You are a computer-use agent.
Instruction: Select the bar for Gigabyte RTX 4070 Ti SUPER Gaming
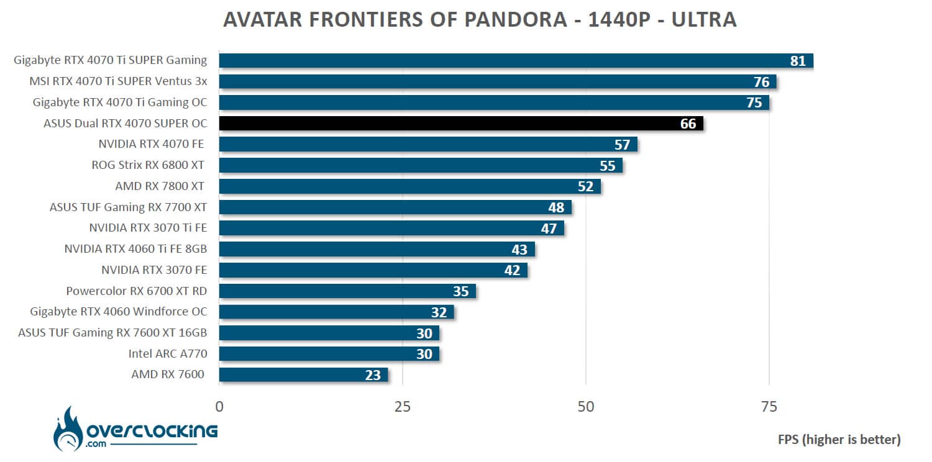[x=516, y=61]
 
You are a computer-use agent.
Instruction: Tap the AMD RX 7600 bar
[x=303, y=374]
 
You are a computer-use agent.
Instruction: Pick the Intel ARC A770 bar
[x=329, y=354]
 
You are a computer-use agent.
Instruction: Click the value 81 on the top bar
[x=798, y=61]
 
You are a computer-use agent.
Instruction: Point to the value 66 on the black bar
[x=688, y=124]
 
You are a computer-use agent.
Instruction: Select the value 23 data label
[x=373, y=375]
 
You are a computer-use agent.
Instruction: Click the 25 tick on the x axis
[x=403, y=407]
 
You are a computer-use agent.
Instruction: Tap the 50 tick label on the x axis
[x=586, y=407]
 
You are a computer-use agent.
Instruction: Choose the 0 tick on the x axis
[x=219, y=407]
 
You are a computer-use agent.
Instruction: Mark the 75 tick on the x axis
[x=769, y=407]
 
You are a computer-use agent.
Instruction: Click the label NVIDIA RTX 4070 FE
[x=151, y=144]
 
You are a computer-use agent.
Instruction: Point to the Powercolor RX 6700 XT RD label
[x=136, y=291]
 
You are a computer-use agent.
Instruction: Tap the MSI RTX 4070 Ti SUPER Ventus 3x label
[x=118, y=81]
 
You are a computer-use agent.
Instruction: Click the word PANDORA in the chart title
[x=520, y=20]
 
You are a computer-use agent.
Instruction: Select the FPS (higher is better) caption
[x=839, y=440]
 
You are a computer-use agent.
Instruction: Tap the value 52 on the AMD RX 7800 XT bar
[x=585, y=186]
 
